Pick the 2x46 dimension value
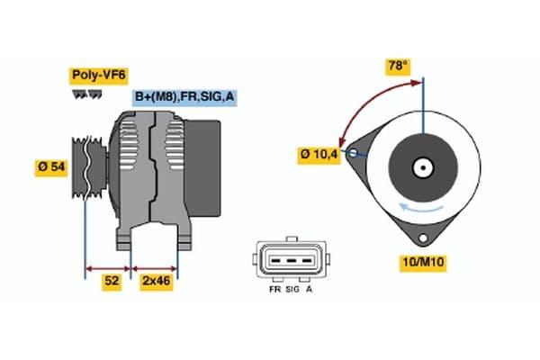click(x=155, y=281)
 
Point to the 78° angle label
click(x=398, y=66)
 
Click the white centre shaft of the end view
click(x=421, y=167)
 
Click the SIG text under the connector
click(x=292, y=290)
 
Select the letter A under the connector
click(x=310, y=290)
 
